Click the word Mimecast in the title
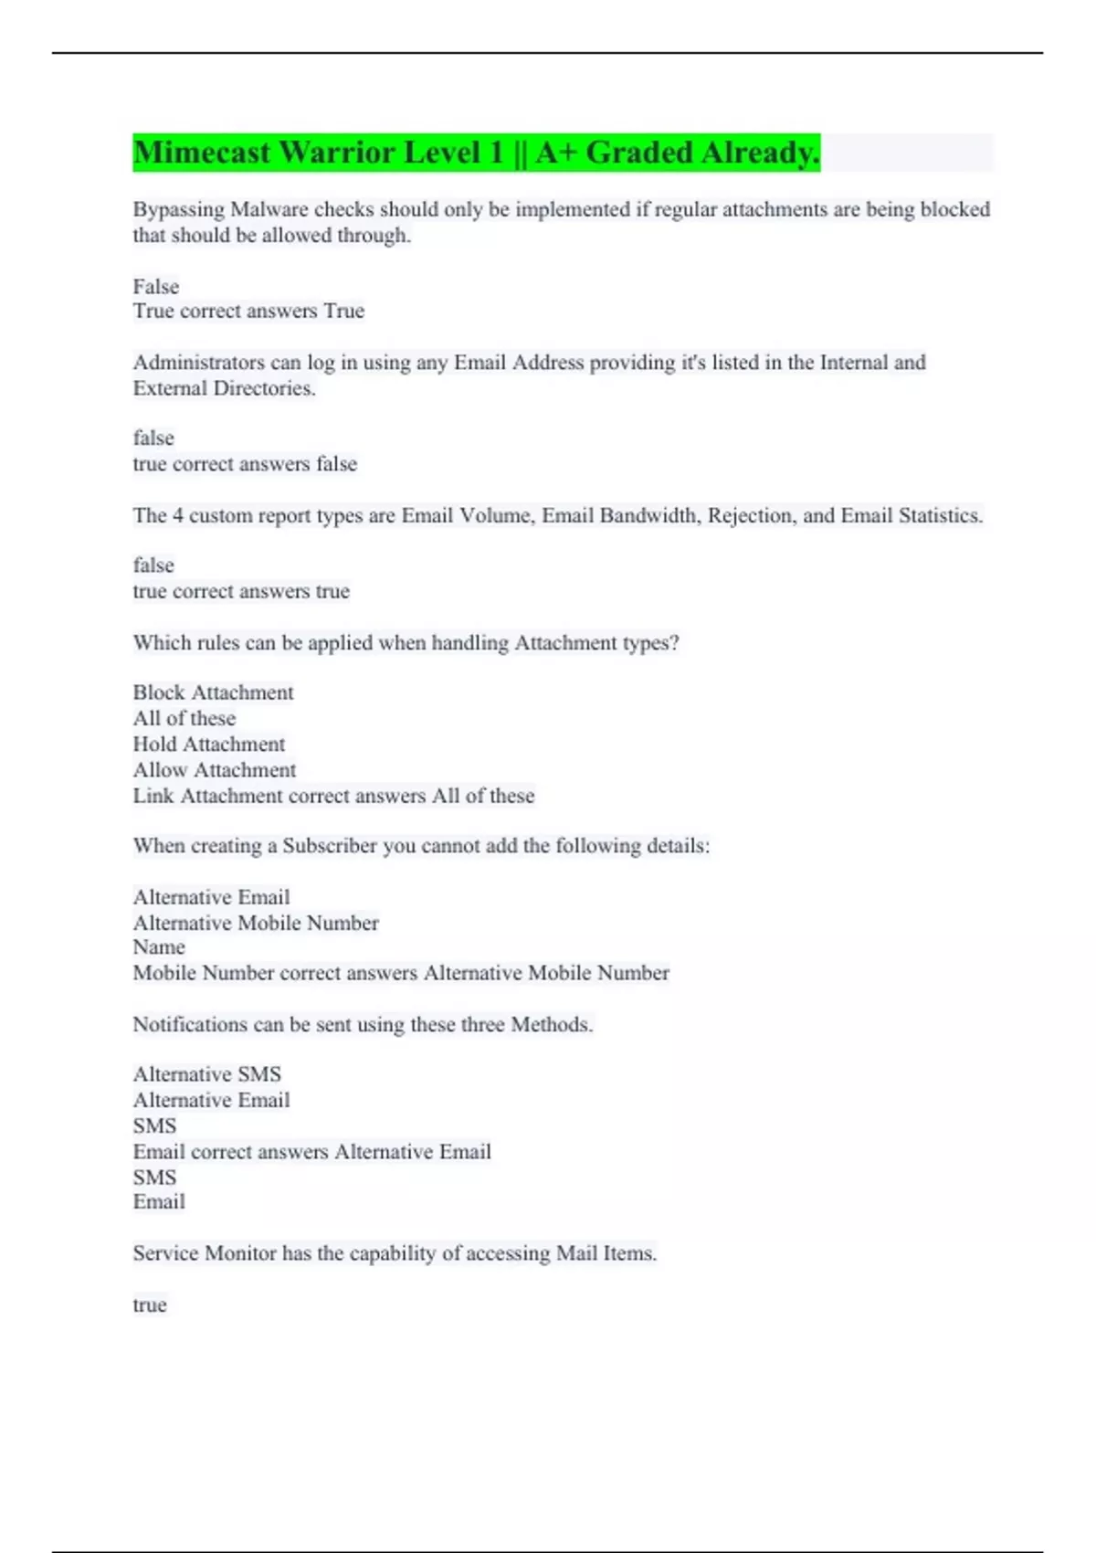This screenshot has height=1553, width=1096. [202, 153]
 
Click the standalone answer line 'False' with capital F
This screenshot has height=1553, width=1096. [156, 287]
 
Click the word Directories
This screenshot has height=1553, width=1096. [264, 388]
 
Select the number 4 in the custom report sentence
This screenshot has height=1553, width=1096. [178, 515]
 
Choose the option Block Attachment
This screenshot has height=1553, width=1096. [213, 692]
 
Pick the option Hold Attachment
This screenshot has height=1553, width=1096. [208, 745]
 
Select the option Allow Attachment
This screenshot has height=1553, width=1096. [214, 770]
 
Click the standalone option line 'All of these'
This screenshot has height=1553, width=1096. [184, 719]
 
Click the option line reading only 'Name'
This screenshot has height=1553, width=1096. [159, 947]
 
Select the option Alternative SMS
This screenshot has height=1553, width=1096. [206, 1074]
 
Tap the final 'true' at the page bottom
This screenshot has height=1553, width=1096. [150, 1305]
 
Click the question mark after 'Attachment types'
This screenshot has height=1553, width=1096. [674, 643]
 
